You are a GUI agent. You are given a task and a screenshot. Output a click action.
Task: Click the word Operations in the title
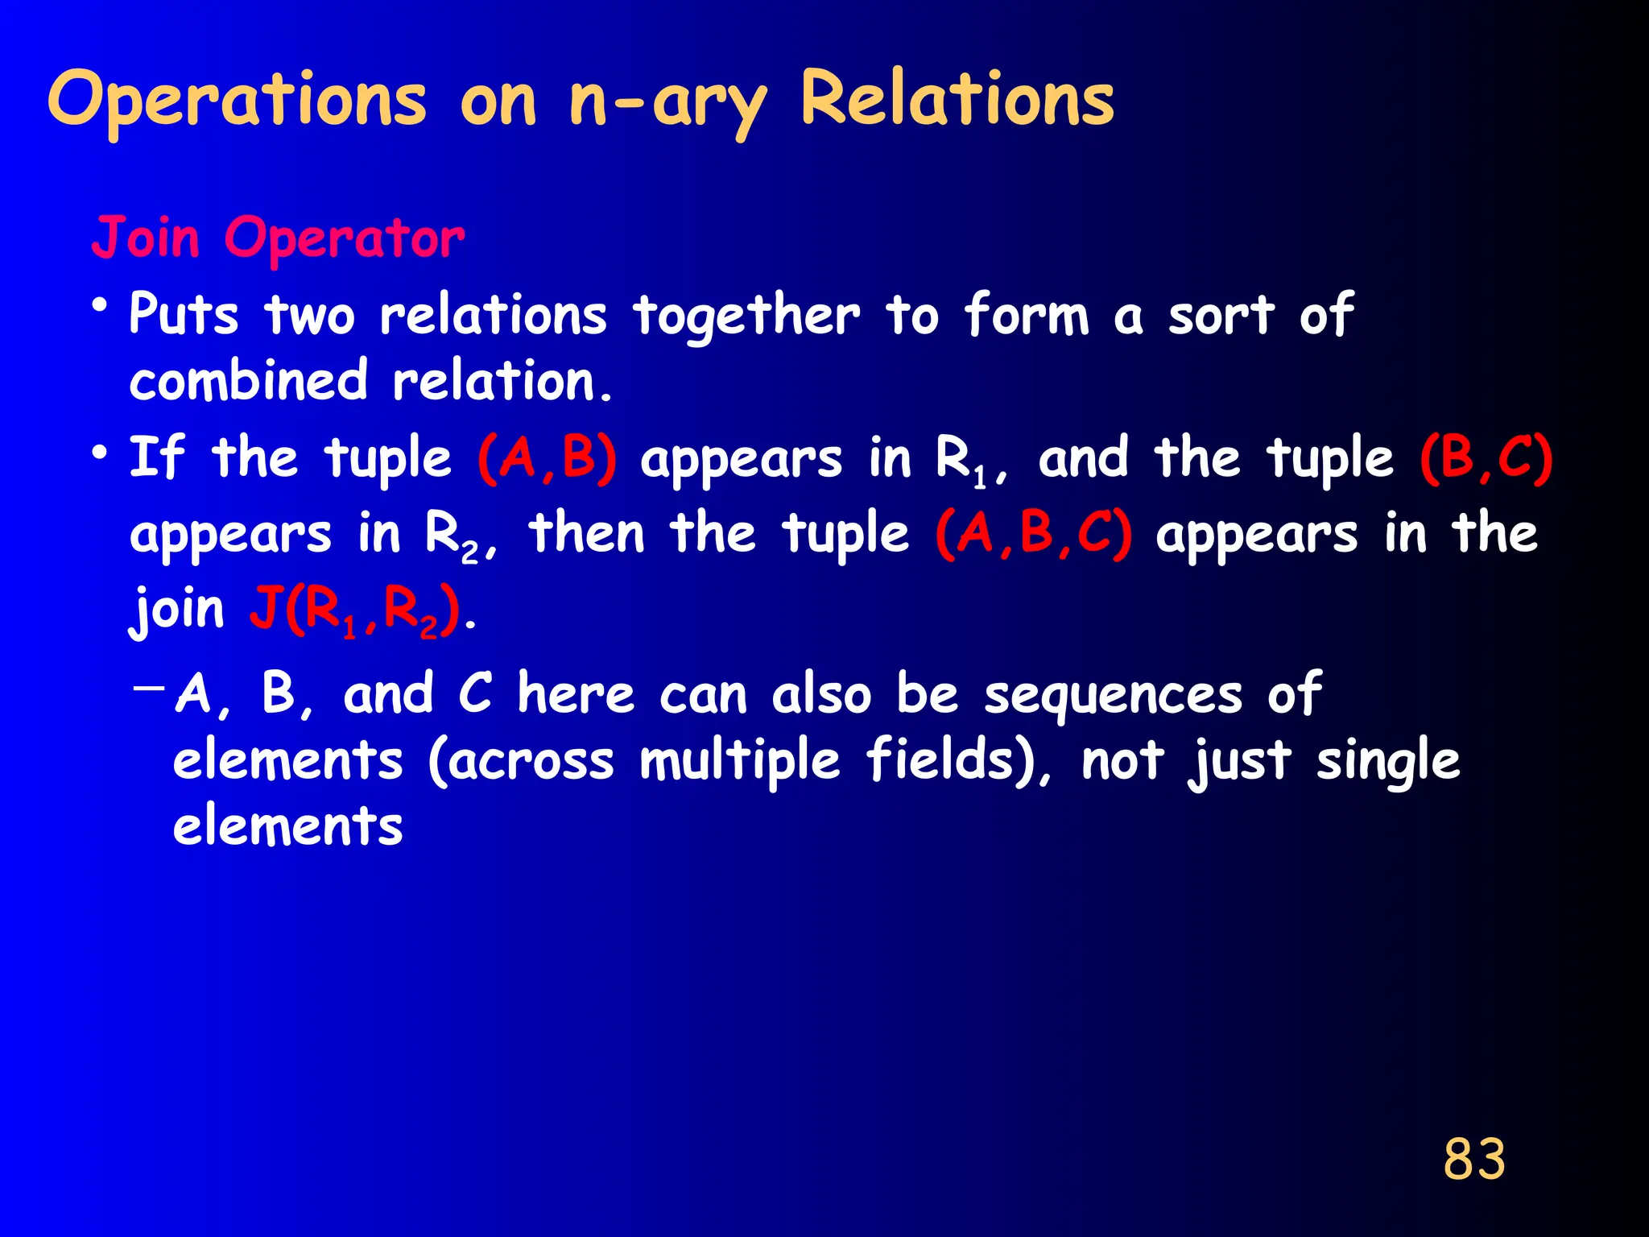(x=237, y=101)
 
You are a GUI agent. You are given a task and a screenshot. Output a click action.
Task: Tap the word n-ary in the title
(x=667, y=101)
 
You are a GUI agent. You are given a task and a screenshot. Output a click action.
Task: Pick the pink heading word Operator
(x=344, y=239)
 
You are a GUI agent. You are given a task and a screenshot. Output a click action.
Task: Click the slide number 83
(x=1473, y=1159)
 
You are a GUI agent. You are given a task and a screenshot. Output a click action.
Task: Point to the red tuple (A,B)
(x=548, y=459)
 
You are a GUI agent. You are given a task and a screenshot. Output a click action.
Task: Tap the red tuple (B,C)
(x=1486, y=459)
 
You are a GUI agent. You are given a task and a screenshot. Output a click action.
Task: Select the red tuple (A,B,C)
(x=1034, y=534)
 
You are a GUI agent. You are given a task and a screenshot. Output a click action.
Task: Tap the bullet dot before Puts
(x=100, y=307)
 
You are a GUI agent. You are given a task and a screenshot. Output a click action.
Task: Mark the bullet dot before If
(x=100, y=453)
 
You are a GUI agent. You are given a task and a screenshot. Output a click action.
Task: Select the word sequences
(x=1114, y=694)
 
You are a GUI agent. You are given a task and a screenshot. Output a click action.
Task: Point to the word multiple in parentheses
(x=739, y=761)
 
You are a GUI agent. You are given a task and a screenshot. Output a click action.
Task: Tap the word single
(x=1387, y=761)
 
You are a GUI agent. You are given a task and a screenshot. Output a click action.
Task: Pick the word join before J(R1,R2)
(x=178, y=610)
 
